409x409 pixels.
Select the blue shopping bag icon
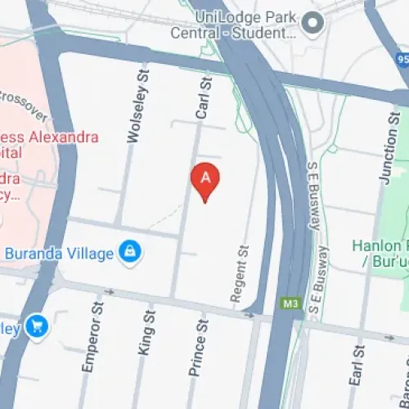pos(129,253)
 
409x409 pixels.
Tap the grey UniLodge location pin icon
pos(311,25)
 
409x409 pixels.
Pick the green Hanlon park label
pos(380,254)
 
